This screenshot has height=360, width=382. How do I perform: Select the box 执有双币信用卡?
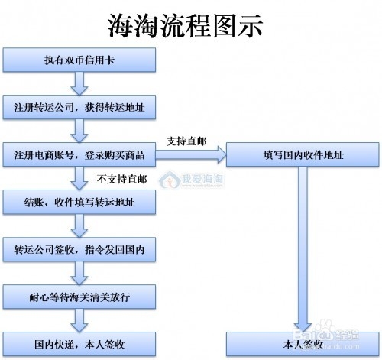coord(80,60)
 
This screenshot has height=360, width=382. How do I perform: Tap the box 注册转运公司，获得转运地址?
coord(80,107)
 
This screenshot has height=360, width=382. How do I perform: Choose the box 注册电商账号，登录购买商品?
coord(80,155)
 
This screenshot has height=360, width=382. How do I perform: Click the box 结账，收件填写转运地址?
coord(80,203)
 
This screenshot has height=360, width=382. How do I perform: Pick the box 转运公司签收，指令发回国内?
coord(80,250)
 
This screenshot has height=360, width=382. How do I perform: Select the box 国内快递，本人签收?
coord(80,343)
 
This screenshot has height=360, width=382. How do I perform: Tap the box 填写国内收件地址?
coord(303,155)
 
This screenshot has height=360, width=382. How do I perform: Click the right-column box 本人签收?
coord(303,343)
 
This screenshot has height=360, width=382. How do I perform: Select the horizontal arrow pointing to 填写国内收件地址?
coord(191,155)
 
